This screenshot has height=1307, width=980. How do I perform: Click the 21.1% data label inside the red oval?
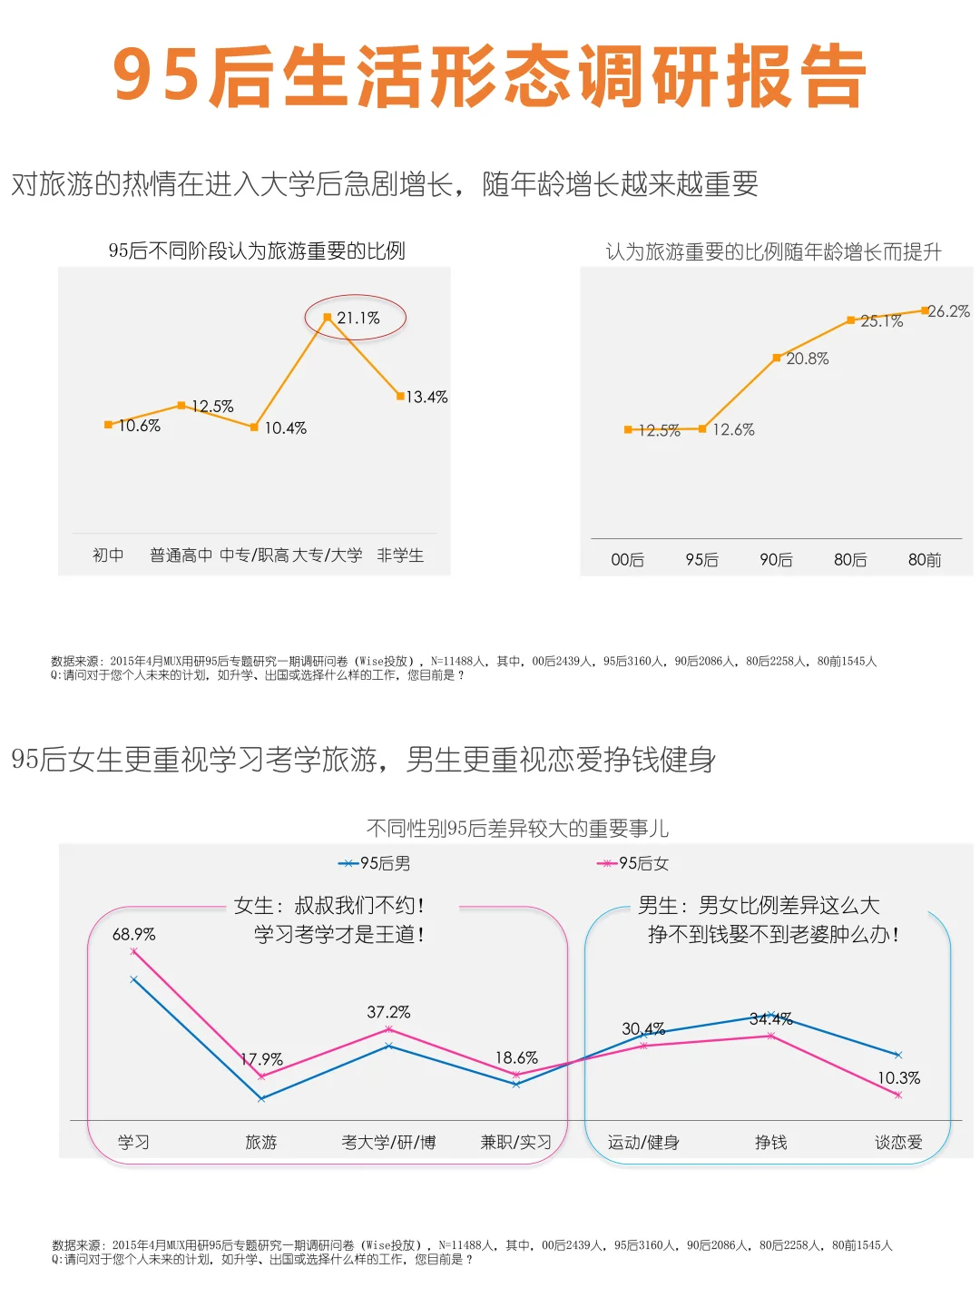click(x=358, y=319)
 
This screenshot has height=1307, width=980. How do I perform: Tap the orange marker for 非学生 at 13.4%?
click(x=400, y=396)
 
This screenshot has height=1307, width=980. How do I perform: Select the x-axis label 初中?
click(x=108, y=555)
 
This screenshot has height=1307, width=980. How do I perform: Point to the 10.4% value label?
click(x=285, y=428)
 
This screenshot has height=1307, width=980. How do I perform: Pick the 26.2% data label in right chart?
click(x=949, y=311)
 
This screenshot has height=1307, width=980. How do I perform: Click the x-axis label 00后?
click(x=627, y=560)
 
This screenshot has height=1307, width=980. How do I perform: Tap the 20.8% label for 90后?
click(x=807, y=359)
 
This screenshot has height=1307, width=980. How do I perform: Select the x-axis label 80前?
click(x=924, y=560)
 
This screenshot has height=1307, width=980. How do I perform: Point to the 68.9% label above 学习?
click(x=133, y=934)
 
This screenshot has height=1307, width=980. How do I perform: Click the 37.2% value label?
click(x=388, y=1012)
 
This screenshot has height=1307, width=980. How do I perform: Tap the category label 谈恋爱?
click(x=898, y=1142)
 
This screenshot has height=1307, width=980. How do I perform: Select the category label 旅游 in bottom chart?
click(x=260, y=1142)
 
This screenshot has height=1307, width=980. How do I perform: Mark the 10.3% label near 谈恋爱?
click(x=898, y=1078)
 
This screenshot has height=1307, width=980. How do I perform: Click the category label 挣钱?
click(x=770, y=1142)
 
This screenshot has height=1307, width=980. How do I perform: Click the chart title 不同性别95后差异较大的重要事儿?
click(x=517, y=828)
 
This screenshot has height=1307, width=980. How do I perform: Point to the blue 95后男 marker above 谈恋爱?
click(x=898, y=1055)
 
